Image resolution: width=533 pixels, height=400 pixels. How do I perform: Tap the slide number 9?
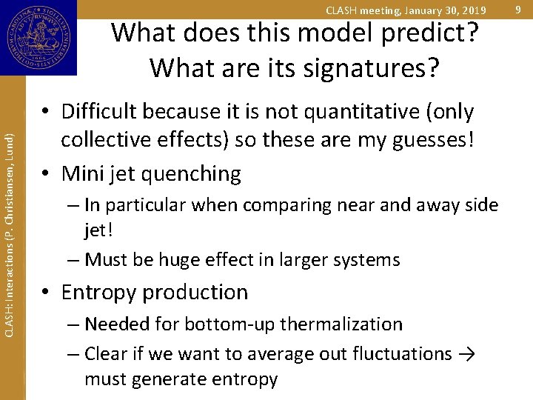[518, 10]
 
